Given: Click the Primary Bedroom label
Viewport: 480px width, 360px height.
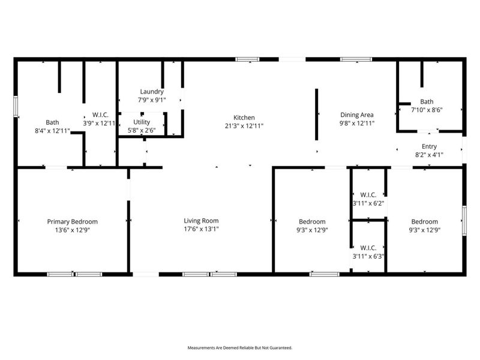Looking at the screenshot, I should point(72,221).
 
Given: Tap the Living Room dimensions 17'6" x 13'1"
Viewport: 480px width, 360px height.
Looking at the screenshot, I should point(201,229).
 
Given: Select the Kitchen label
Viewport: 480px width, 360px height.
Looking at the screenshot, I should point(244,118).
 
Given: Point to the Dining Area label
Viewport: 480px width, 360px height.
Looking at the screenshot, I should point(357,115).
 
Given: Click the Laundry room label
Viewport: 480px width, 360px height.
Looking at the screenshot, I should point(152,92).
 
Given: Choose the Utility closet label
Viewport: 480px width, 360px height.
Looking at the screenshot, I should point(142,122).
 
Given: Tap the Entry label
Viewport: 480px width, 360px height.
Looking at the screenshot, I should point(429,146).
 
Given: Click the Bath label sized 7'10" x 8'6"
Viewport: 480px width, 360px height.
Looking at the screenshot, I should point(427,102).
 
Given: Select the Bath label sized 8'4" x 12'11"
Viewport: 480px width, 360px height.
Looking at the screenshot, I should point(52,122).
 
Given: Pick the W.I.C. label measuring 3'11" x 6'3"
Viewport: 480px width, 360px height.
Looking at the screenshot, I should point(368,247).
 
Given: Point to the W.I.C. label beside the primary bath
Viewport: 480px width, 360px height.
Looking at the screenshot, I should point(100,115).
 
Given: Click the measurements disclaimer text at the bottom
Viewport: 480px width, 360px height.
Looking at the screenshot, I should point(240,348).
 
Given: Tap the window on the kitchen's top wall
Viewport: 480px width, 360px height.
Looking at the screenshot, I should point(247,59).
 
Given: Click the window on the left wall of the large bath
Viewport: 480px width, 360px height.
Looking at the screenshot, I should point(16,104).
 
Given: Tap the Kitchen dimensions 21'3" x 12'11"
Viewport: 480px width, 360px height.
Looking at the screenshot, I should point(244,126).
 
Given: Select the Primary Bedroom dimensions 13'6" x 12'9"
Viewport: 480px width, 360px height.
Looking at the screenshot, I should point(72,229).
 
